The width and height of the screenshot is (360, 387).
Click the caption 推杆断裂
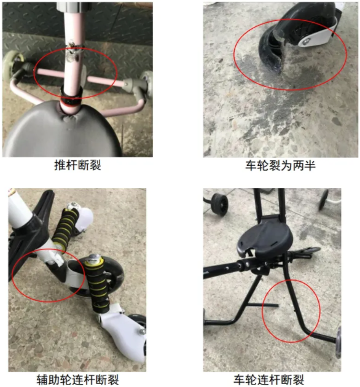click(77, 165)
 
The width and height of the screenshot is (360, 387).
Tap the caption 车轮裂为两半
click(280, 165)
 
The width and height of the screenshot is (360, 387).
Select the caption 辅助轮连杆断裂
click(77, 380)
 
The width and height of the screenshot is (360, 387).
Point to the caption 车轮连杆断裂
click(268, 380)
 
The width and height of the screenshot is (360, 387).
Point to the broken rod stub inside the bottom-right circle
click(263, 305)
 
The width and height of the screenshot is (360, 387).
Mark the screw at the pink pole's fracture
click(72, 44)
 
